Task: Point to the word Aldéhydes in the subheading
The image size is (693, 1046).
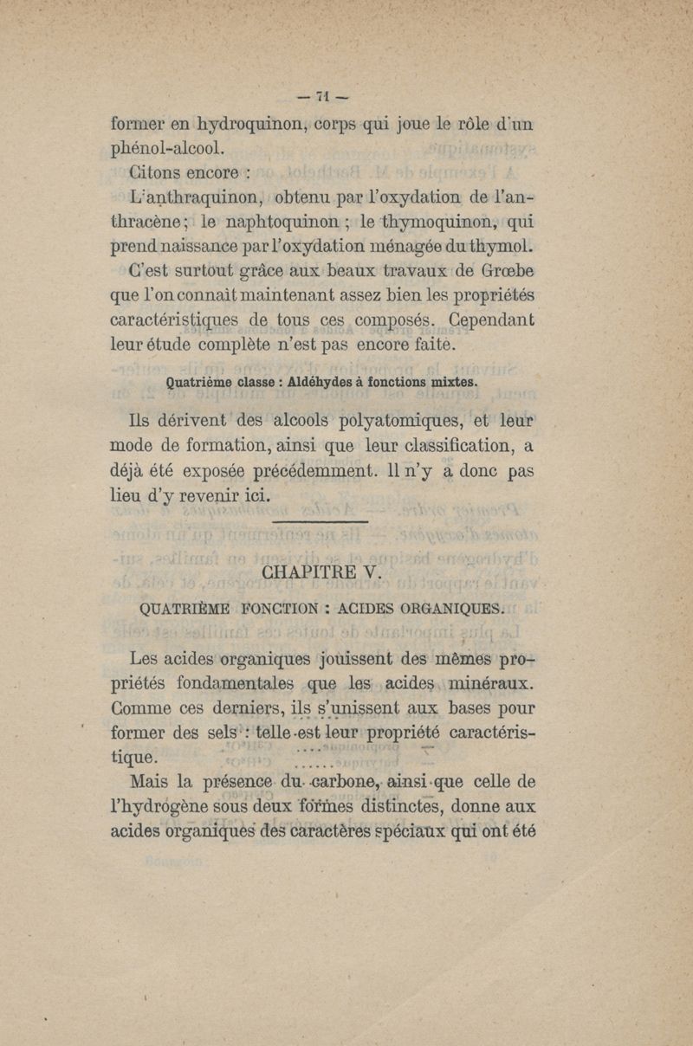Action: pyautogui.click(x=334, y=383)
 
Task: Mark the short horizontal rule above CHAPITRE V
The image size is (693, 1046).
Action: pyautogui.click(x=321, y=522)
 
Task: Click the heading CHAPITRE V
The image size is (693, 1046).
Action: pyautogui.click(x=315, y=574)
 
